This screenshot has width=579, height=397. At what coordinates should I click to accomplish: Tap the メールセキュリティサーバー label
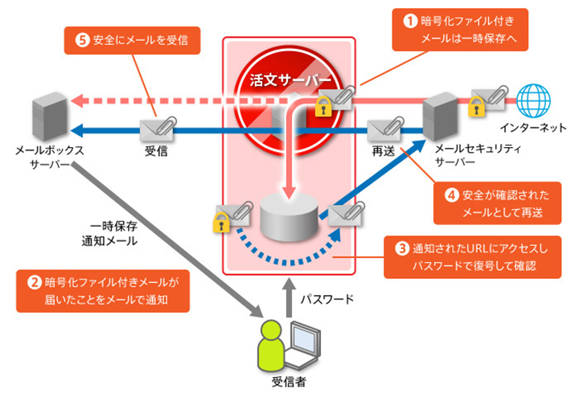478,155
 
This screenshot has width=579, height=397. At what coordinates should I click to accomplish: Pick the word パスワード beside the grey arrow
326,299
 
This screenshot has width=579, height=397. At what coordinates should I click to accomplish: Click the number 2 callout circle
35,282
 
